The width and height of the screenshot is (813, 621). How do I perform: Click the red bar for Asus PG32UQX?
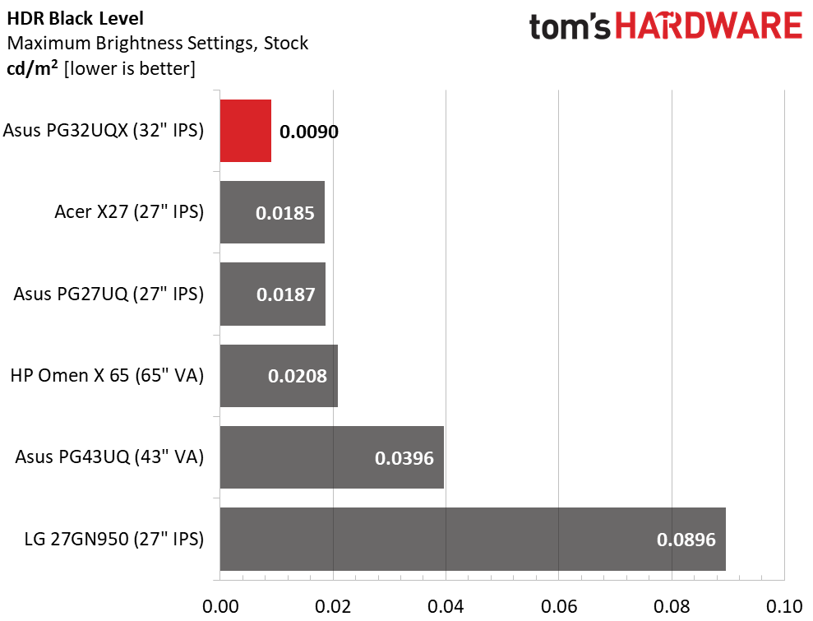click(245, 131)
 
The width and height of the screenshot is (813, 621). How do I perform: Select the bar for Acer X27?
click(272, 212)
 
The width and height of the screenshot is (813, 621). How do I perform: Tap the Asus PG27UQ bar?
click(273, 294)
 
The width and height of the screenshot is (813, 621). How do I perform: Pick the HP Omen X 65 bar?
click(279, 376)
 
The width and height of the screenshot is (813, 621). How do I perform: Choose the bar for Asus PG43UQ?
click(332, 457)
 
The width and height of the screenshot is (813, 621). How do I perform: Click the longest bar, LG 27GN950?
click(473, 539)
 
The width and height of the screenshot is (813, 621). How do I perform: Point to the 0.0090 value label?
click(309, 132)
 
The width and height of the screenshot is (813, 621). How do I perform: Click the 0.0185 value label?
click(285, 213)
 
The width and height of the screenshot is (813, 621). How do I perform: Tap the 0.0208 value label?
click(298, 376)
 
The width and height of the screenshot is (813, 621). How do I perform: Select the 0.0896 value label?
click(686, 540)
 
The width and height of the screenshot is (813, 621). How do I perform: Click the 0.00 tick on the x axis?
click(220, 606)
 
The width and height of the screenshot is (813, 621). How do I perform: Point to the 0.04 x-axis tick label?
click(446, 606)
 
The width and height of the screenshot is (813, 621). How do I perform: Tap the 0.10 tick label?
click(784, 606)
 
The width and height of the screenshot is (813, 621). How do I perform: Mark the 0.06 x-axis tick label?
click(559, 606)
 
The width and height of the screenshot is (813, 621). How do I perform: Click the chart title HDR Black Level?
click(75, 19)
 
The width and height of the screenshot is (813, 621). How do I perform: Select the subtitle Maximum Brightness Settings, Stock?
click(158, 43)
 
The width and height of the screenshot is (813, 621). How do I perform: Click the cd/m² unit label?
click(32, 68)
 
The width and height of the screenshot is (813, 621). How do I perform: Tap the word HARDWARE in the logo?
click(709, 26)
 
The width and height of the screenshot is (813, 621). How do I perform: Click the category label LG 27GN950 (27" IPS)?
click(114, 539)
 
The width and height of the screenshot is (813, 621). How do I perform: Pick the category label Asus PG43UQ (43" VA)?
click(109, 457)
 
